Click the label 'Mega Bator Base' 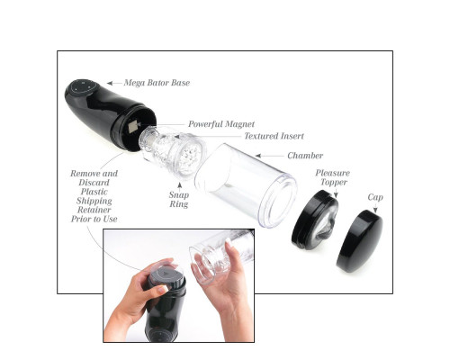157,83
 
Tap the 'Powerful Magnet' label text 221,124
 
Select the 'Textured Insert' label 274,136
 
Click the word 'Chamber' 305,156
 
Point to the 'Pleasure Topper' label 333,177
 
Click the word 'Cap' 375,197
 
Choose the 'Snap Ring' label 179,200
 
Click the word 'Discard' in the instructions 94,183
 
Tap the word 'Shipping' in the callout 94,201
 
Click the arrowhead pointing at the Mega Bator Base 110,83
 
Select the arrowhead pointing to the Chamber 258,156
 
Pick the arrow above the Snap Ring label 180,186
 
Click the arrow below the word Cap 375,209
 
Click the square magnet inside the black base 133,127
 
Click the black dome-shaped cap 360,241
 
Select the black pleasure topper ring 315,220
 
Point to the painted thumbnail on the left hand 162,290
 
